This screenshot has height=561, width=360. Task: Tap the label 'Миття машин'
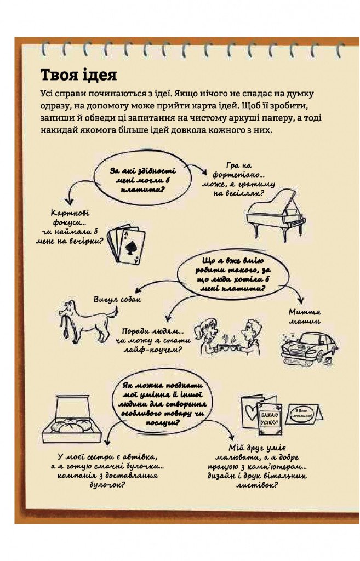[x=304, y=316]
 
